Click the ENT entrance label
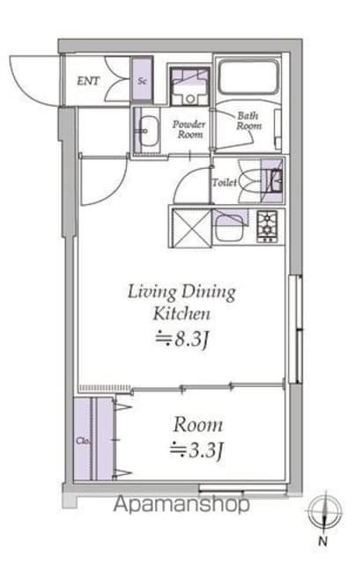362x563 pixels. tap(88, 81)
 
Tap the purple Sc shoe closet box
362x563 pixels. tap(142, 79)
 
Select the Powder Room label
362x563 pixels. tap(189, 129)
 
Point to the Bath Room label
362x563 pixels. tap(248, 121)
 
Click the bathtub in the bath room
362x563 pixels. tap(248, 77)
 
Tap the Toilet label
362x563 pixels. tap(225, 182)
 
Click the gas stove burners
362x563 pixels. tap(267, 226)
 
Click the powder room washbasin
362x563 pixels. tap(149, 132)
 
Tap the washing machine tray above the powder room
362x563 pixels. tap(189, 86)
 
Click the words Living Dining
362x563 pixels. tap(182, 292)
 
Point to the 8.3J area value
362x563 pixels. tap(182, 339)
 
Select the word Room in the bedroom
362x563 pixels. tap(198, 425)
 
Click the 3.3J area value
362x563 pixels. tap(197, 450)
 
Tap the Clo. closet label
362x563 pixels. tap(82, 441)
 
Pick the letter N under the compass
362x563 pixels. tap(323, 541)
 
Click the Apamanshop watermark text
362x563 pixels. tap(181, 504)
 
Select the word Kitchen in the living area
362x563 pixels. tap(181, 313)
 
